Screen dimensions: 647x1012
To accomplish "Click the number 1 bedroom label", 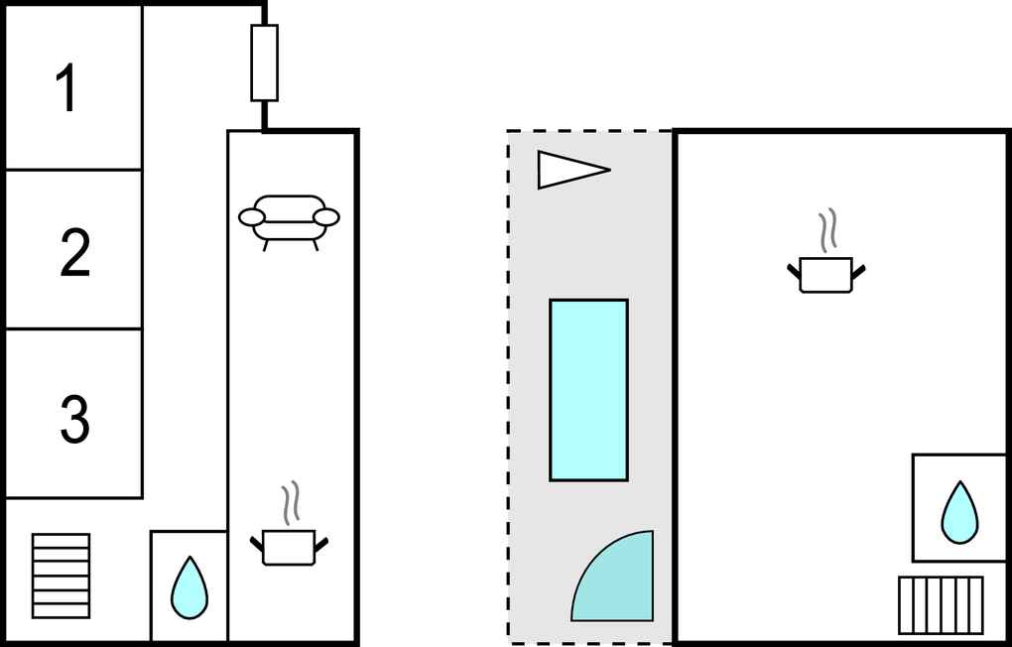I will click(x=66, y=88).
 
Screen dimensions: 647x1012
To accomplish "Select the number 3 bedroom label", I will click(x=74, y=419).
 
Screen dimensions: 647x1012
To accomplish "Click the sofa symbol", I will click(x=289, y=218).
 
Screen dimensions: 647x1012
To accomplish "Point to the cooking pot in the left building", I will click(x=289, y=547).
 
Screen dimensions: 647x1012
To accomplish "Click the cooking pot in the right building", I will click(x=825, y=274).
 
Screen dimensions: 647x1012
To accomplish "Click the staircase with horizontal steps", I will click(x=61, y=576).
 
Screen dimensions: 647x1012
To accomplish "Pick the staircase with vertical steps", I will click(x=941, y=604).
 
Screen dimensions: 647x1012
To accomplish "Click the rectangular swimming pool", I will click(x=588, y=390).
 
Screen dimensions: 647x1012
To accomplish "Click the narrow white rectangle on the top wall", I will click(x=264, y=63).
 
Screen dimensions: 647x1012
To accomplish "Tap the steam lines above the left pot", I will click(x=290, y=503).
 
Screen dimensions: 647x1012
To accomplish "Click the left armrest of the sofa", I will click(x=252, y=216).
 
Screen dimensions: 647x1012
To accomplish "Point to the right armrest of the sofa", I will click(x=325, y=216).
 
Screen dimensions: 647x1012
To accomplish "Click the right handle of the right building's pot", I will click(x=859, y=269).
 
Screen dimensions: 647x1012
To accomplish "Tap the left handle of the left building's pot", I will click(x=257, y=542).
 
